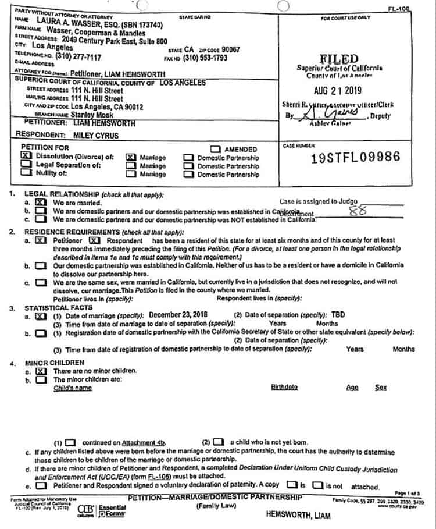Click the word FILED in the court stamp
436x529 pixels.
coord(339,59)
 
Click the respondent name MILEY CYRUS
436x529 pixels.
coord(97,134)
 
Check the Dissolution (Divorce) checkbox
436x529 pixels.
coord(25,157)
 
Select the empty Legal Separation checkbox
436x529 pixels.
coord(25,165)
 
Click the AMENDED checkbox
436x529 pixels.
coord(216,149)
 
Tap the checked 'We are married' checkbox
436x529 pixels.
coord(40,203)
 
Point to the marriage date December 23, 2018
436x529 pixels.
coord(177,314)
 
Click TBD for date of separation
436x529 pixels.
coord(338,314)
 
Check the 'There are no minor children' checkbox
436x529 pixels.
coord(41,371)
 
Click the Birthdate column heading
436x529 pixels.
coord(284,388)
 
